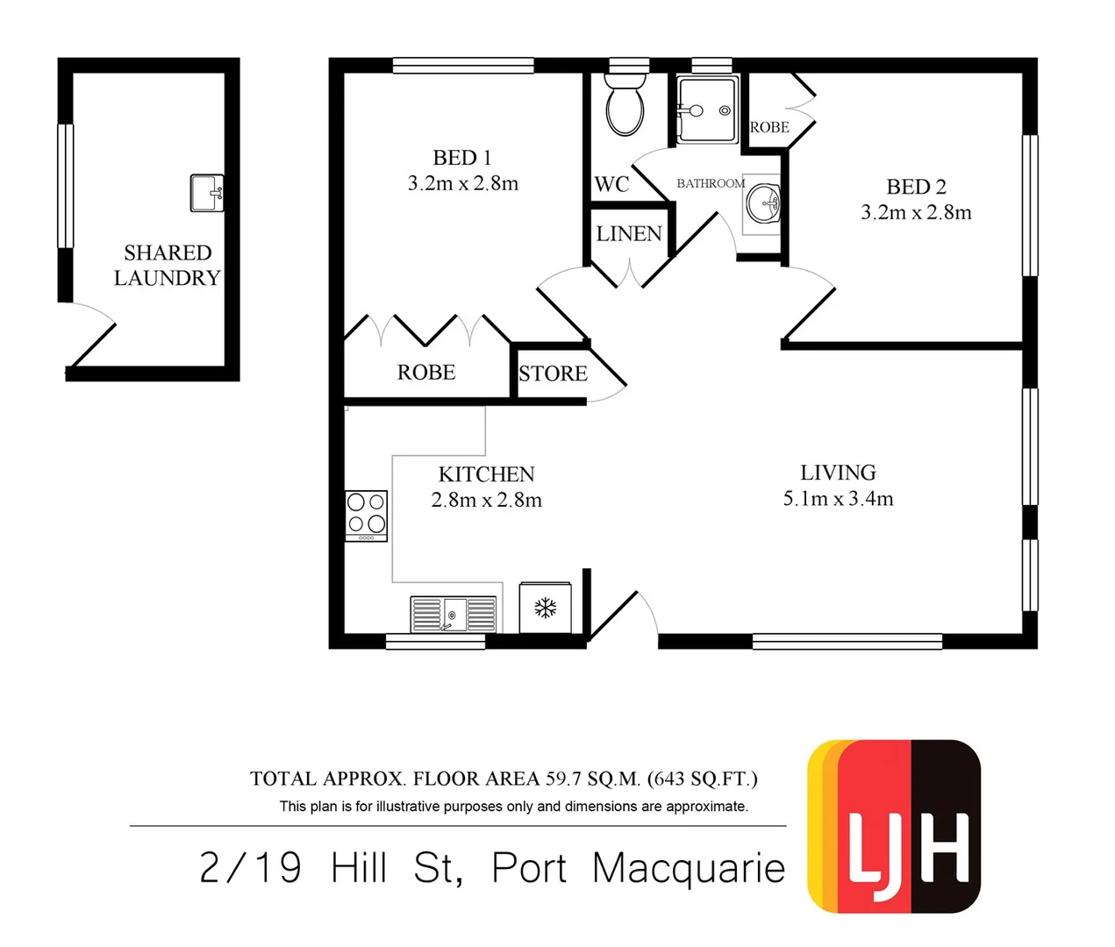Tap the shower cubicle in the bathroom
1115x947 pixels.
click(x=707, y=110)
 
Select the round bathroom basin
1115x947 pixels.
click(x=762, y=203)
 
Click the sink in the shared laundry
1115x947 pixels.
click(x=207, y=193)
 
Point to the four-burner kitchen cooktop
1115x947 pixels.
click(x=366, y=515)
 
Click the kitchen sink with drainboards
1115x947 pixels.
click(x=454, y=614)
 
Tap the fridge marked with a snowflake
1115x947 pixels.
click(x=546, y=607)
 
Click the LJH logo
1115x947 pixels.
click(x=894, y=826)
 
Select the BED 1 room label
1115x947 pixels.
click(x=462, y=158)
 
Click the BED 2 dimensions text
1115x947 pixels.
click(x=916, y=213)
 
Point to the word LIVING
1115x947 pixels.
click(x=838, y=473)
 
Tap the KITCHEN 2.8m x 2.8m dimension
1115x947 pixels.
click(x=486, y=500)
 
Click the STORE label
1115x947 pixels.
click(x=553, y=374)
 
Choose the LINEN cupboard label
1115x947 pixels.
click(x=629, y=234)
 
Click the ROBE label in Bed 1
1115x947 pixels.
click(x=426, y=373)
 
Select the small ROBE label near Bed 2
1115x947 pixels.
click(x=769, y=127)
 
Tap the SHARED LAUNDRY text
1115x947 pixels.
click(x=167, y=266)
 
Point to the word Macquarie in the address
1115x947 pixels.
click(x=688, y=868)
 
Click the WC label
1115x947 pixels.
click(x=611, y=184)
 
